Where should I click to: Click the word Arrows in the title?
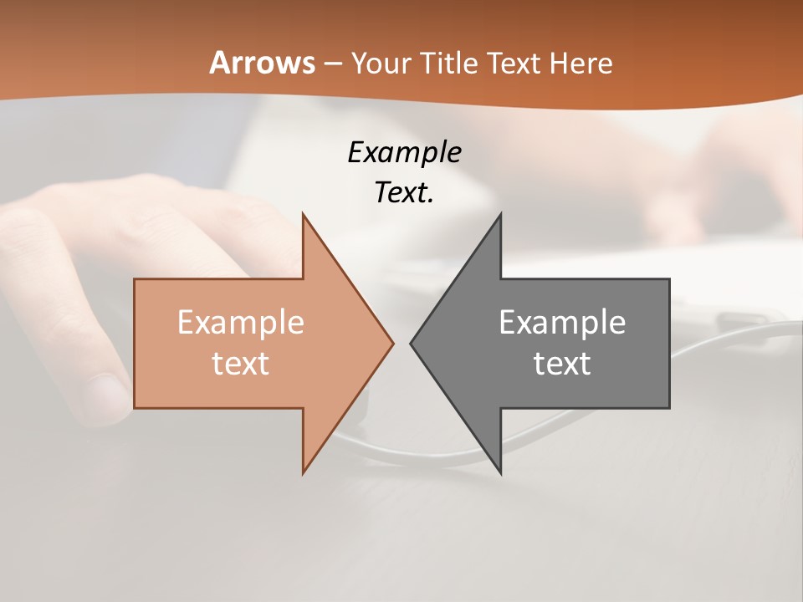(263, 63)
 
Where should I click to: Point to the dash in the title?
(331, 64)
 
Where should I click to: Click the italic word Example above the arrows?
(404, 153)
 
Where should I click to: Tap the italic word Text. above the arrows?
(404, 193)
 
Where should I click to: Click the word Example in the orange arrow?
(241, 323)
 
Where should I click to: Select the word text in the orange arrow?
(241, 364)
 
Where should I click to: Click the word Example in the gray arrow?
(562, 323)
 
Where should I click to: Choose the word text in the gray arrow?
(562, 364)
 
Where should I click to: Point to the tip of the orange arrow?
(392, 343)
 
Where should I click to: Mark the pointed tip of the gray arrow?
(412, 343)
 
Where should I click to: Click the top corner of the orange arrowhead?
(304, 214)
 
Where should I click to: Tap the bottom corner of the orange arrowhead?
(304, 472)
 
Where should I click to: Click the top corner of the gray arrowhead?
(500, 214)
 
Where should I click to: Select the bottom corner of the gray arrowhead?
(500, 472)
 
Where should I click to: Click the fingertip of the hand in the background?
(105, 393)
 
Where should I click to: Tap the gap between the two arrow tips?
(401, 343)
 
